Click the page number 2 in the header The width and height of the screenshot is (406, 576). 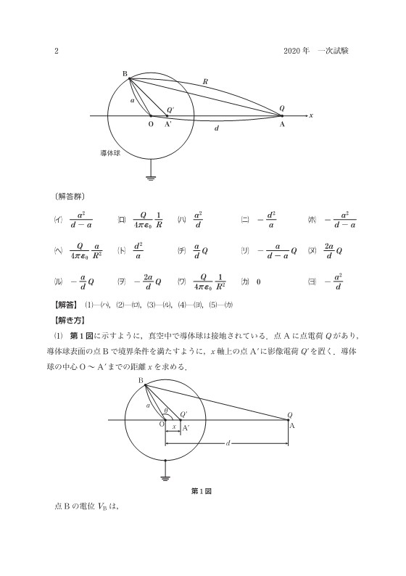[56, 51]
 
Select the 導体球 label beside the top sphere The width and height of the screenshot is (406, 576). [111, 154]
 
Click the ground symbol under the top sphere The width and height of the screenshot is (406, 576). [152, 173]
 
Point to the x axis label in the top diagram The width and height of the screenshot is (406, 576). [310, 115]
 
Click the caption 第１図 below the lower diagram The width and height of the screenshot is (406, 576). [201, 491]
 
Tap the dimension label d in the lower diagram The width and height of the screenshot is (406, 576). [228, 443]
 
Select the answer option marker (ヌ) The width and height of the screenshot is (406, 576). [312, 251]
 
